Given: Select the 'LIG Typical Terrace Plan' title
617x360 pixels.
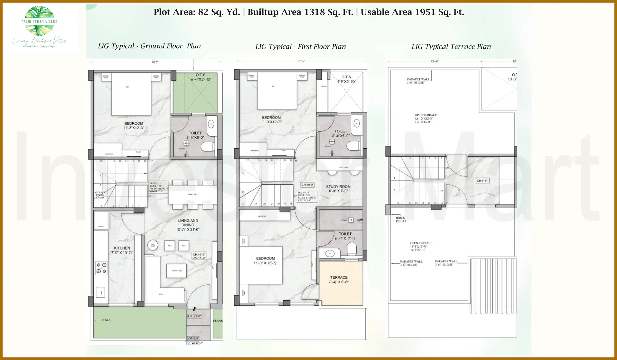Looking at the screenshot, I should click(451, 47).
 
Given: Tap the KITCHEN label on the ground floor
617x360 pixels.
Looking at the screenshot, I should click(122, 248).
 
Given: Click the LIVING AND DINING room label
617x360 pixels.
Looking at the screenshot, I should click(188, 223).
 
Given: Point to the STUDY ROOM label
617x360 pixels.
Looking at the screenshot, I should click(338, 187).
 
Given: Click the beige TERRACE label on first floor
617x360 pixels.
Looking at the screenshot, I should click(339, 277).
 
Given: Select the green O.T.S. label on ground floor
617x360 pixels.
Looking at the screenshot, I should click(201, 75).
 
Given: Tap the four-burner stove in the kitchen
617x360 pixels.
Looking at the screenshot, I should click(101, 268).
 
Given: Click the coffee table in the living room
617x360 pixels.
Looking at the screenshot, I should click(176, 271).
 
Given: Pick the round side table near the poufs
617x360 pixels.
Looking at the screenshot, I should click(153, 245).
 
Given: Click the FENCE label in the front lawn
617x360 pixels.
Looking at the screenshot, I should click(106, 320).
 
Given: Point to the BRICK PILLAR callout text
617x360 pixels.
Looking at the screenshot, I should click(401, 219).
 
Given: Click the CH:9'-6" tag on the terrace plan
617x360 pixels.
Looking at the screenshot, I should click(482, 181).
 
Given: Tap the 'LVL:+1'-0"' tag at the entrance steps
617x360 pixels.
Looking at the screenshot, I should click(194, 316).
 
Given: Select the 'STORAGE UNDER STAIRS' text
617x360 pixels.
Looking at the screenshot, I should click(100, 195).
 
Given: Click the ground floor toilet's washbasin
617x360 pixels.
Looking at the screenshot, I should click(211, 124).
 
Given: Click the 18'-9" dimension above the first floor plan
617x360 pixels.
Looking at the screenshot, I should click(301, 61).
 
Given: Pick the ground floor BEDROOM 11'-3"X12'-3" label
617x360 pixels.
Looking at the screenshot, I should click(134, 125).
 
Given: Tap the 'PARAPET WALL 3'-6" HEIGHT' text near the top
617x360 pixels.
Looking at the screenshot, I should click(418, 81).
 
